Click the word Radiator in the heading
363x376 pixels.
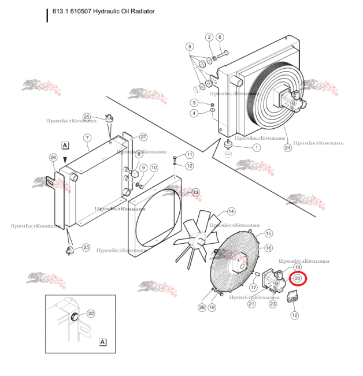142,11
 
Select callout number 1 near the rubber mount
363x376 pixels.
256,147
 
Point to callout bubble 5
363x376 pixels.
189,46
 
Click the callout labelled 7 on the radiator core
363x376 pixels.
87,137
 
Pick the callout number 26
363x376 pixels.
53,157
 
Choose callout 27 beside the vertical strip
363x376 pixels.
143,137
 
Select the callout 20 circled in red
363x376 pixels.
298,278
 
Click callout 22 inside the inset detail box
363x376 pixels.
91,314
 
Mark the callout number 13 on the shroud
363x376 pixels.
195,192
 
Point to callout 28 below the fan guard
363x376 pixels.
202,307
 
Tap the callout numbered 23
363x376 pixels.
273,303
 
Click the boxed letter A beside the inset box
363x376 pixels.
103,342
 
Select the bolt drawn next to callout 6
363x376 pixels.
226,55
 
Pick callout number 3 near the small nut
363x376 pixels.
195,102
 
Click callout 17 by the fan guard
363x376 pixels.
253,287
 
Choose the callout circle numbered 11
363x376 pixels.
190,155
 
